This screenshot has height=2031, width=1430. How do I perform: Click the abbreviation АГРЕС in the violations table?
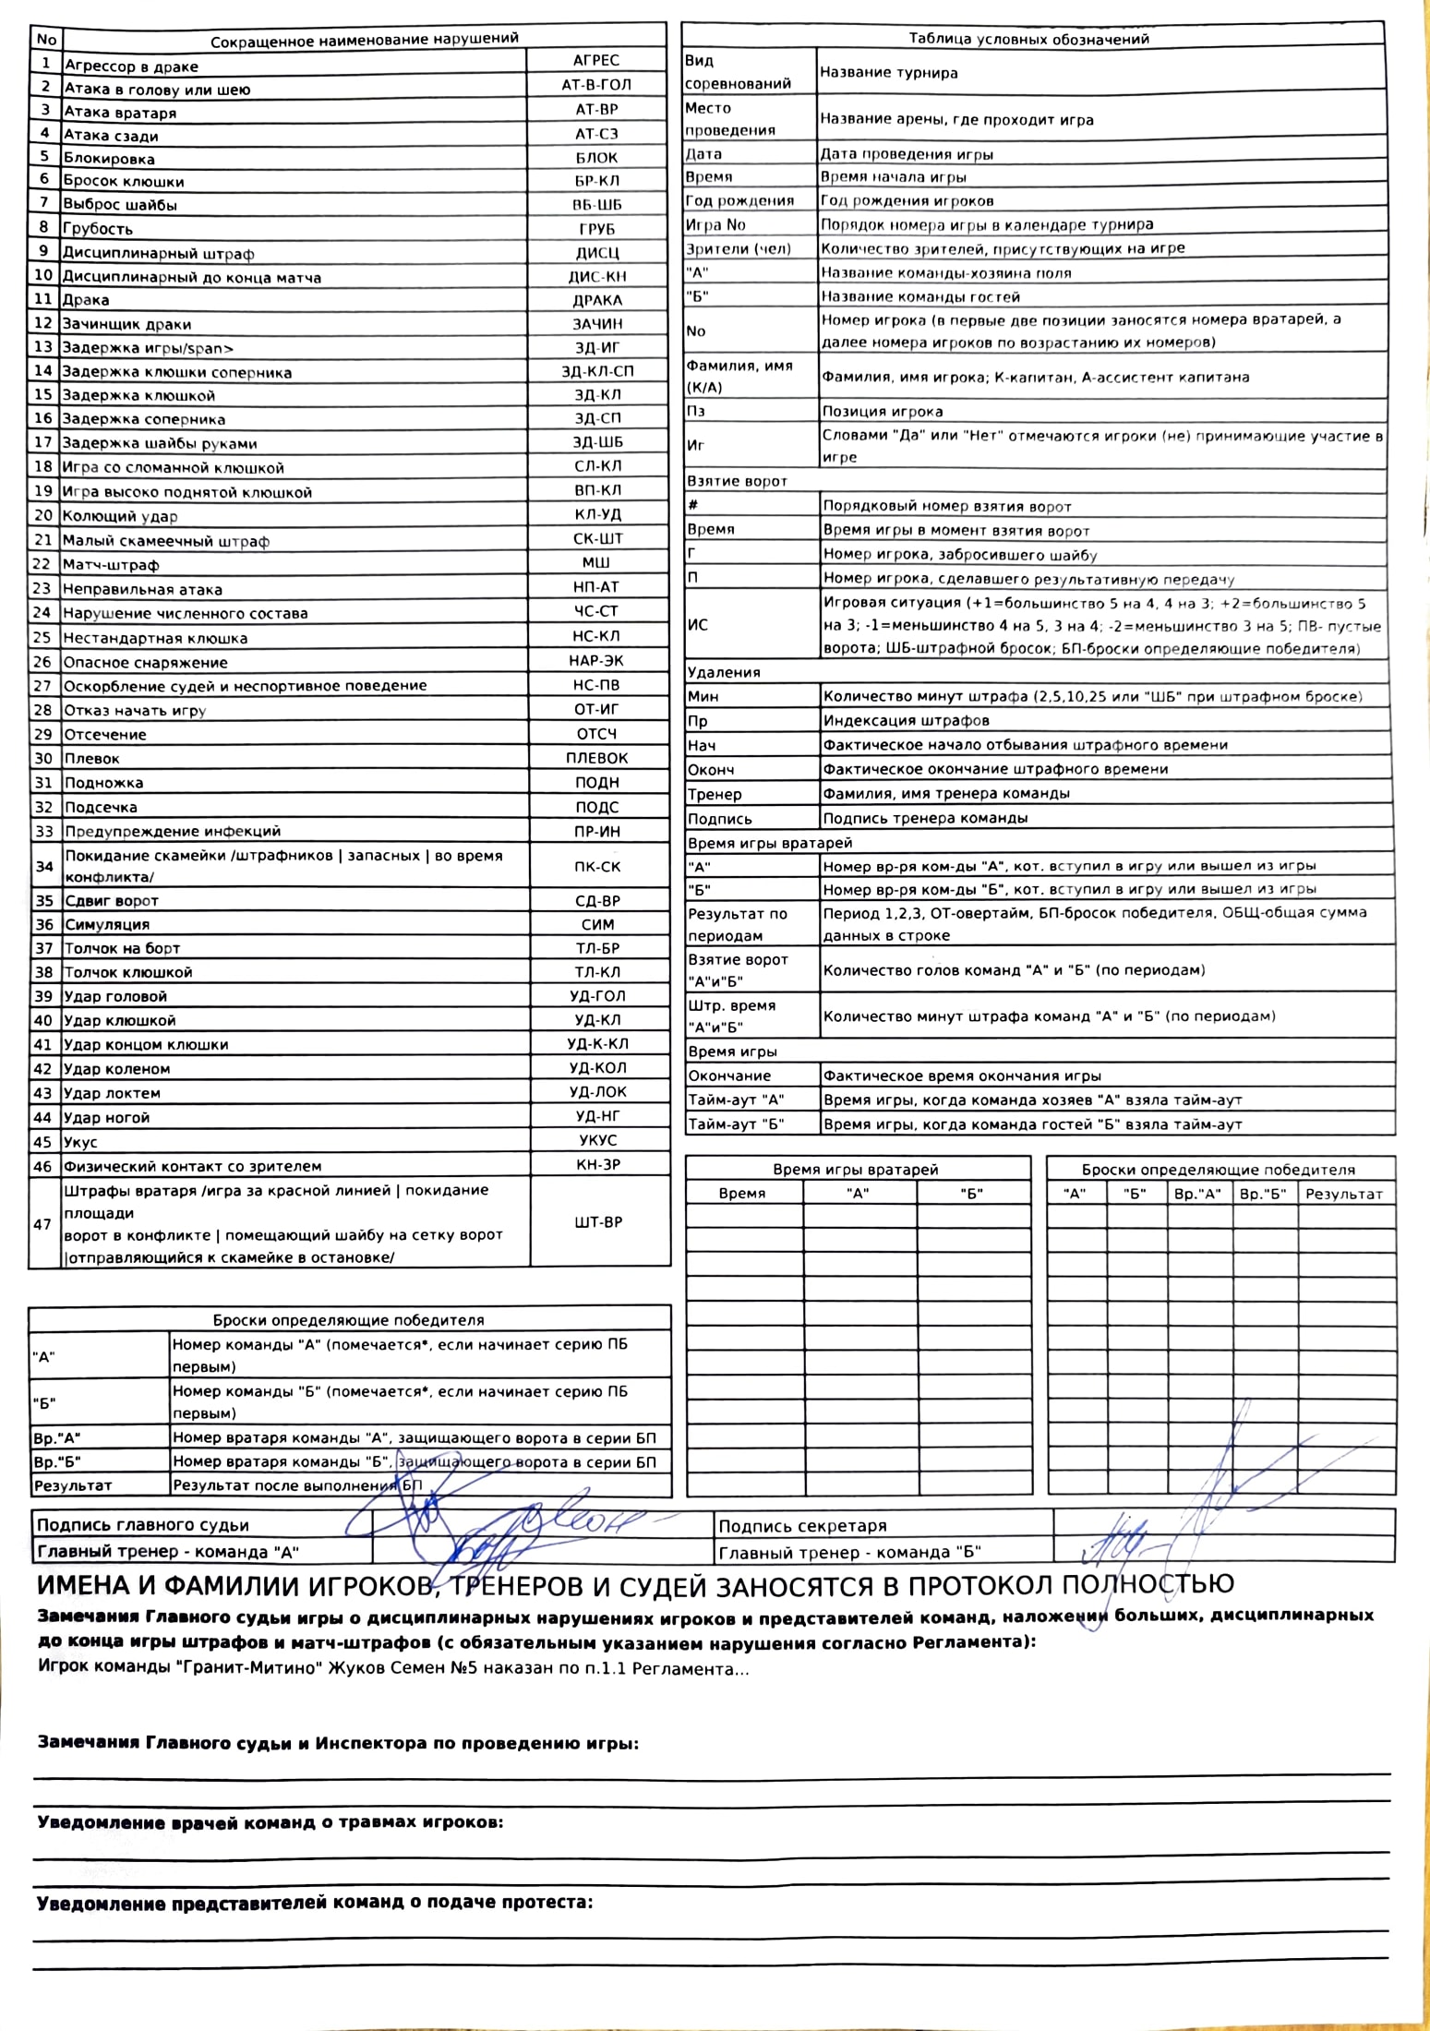(x=595, y=61)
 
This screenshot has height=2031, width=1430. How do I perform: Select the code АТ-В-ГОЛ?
(x=596, y=85)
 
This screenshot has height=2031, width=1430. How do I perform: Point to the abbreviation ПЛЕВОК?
(x=596, y=758)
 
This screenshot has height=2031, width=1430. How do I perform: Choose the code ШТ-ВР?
(x=598, y=1222)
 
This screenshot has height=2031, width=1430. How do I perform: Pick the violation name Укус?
(x=80, y=1142)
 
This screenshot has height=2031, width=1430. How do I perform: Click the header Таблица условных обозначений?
(x=1028, y=39)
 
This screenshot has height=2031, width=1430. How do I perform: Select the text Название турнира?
(x=889, y=73)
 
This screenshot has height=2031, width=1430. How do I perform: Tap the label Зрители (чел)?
(x=739, y=248)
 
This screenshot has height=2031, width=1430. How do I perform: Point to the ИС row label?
(x=698, y=625)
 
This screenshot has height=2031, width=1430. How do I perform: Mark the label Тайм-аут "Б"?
(x=736, y=1124)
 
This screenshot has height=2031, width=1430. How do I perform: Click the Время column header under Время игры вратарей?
(x=742, y=1194)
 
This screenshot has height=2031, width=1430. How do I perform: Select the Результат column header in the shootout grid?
(x=1343, y=1195)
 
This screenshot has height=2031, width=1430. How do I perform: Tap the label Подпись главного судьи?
(x=143, y=1525)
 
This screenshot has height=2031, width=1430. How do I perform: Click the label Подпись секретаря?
(x=802, y=1526)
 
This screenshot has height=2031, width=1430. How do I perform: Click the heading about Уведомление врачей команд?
(x=270, y=1822)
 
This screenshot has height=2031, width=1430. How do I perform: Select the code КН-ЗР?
(x=598, y=1165)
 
